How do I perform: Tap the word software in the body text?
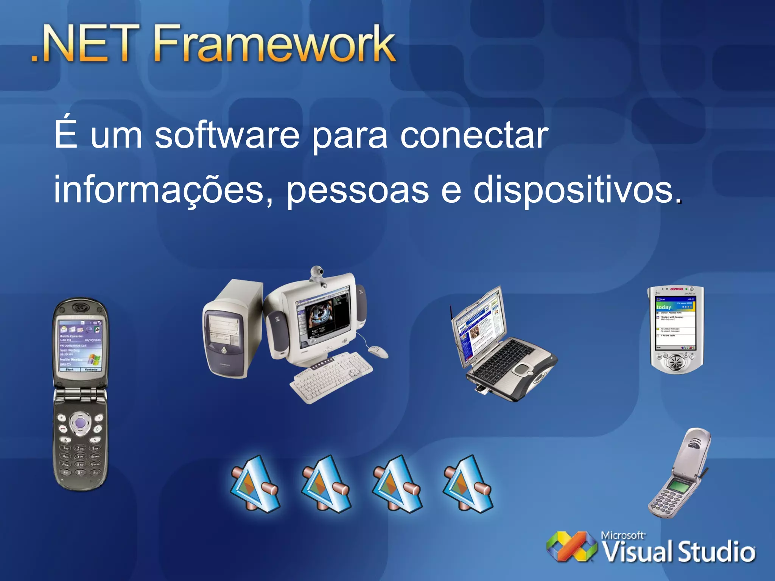227,135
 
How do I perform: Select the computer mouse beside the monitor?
378,351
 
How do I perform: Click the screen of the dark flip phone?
80,346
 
